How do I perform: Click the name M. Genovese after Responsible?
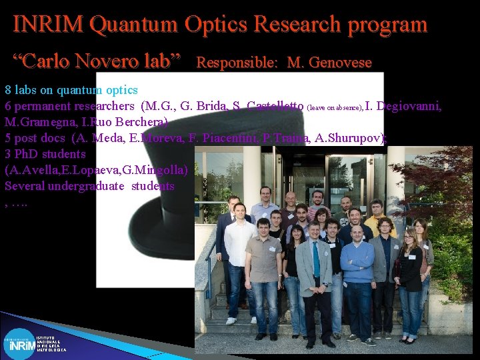coord(329,63)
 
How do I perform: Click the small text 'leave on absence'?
coord(334,107)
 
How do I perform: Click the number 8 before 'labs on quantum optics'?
coord(8,90)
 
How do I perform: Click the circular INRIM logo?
coord(19,344)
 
